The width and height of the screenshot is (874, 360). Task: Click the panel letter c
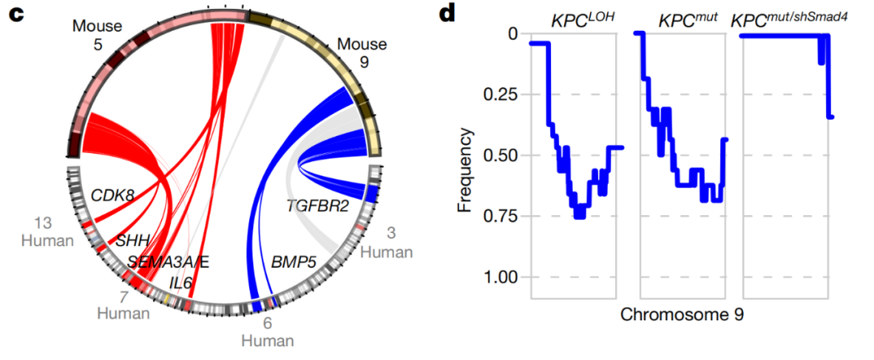(x=17, y=14)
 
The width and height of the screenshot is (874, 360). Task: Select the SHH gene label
(x=129, y=242)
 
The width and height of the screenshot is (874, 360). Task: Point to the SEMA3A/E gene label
(x=168, y=262)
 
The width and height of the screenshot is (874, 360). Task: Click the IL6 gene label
(x=180, y=282)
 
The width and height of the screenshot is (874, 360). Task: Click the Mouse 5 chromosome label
(x=96, y=34)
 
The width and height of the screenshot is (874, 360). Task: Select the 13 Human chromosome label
(x=47, y=232)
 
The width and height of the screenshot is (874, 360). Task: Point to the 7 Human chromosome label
(x=123, y=305)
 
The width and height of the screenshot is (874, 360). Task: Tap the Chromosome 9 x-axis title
(x=682, y=315)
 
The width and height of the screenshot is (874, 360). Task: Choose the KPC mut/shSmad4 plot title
(x=789, y=19)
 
